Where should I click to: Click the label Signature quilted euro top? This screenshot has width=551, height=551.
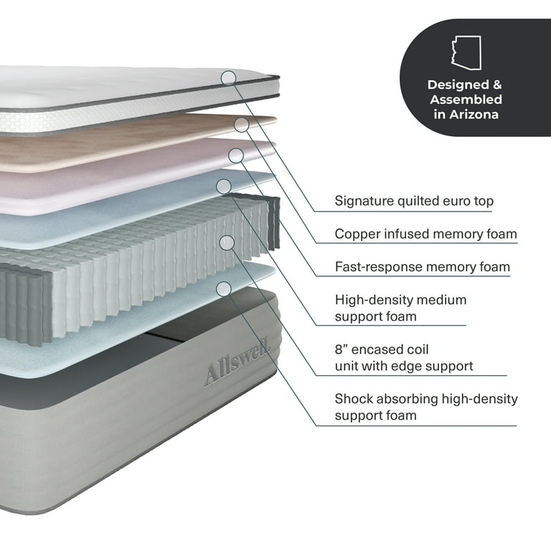[414, 202]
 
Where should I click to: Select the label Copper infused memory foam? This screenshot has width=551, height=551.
[425, 234]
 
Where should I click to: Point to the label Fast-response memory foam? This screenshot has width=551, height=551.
[422, 267]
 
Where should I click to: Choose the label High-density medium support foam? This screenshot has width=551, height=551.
[400, 307]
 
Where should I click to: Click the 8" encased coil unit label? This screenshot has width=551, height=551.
[404, 358]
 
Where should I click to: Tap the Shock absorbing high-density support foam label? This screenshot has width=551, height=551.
[425, 407]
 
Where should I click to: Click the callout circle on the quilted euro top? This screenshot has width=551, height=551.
[228, 77]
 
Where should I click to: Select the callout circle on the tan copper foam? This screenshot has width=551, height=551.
[242, 125]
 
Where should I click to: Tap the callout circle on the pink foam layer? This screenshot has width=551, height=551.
[235, 155]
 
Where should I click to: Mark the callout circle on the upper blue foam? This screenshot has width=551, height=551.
[224, 187]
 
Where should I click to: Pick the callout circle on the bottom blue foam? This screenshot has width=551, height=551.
[224, 288]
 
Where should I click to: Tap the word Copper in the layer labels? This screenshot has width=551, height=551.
[357, 234]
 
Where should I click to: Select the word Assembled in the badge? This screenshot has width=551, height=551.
[466, 99]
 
